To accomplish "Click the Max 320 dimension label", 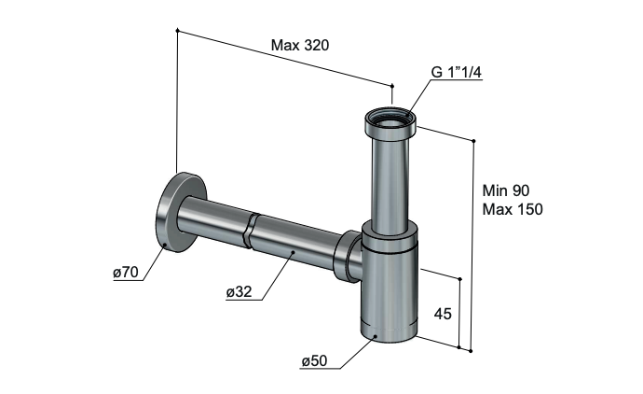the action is [x=300, y=45].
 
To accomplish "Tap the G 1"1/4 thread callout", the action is [x=456, y=72].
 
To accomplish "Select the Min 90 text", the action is [x=506, y=190].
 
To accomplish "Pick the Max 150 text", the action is [x=513, y=209].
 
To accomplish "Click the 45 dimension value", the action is [x=443, y=314].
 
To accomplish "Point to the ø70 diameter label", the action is [x=127, y=272].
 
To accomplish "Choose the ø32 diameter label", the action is [x=239, y=291].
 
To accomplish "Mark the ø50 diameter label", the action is [x=315, y=360].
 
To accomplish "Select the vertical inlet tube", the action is [x=390, y=183].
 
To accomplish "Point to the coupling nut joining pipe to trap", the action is [x=348, y=257].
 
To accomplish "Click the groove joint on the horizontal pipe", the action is [x=250, y=231].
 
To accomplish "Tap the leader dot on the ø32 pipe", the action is [x=293, y=252].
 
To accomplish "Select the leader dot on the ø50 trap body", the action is [x=376, y=337].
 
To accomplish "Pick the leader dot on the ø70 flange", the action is [x=164, y=245].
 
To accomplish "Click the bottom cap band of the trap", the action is [x=390, y=330].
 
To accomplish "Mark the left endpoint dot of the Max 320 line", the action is [x=177, y=30].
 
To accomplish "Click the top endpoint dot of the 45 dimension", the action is [x=459, y=279].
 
